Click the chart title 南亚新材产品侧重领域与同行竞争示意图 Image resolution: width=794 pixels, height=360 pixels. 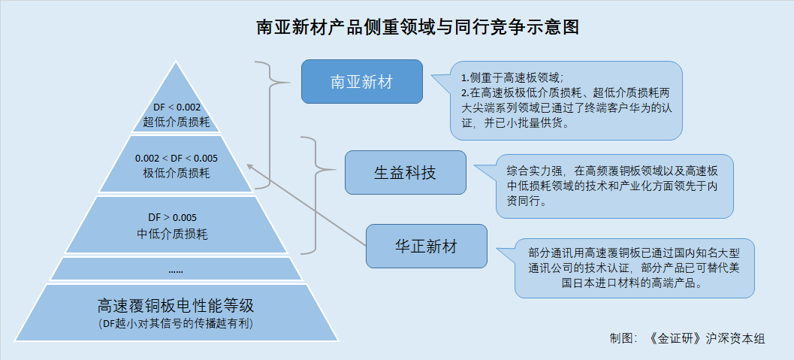tap(418, 27)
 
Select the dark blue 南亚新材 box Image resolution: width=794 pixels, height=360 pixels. tap(362, 81)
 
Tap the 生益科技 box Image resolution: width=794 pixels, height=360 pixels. tap(405, 173)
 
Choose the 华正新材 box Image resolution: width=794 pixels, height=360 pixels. tap(427, 246)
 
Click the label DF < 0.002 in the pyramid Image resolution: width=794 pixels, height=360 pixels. tap(177, 107)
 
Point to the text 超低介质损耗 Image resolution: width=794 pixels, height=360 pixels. tap(177, 122)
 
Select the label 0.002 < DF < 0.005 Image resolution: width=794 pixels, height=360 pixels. tap(177, 158)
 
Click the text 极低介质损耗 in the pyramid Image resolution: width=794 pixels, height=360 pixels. tap(177, 173)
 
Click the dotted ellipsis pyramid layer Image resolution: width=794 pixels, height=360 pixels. tap(176, 269)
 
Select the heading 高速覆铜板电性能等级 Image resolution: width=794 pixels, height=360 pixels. tap(176, 306)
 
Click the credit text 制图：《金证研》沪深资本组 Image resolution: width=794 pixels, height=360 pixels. tap(687, 339)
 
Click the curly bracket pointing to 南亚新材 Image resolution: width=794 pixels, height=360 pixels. tap(271, 125)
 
